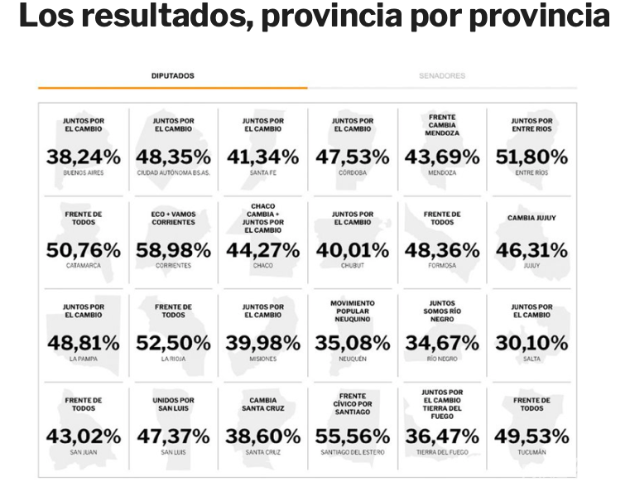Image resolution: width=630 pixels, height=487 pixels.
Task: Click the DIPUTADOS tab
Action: click(x=172, y=75)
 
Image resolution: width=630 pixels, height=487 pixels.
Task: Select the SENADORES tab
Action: click(x=442, y=75)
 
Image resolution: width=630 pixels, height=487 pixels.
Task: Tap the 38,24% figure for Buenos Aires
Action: click(x=83, y=157)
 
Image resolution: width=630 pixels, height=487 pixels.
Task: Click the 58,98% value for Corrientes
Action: click(x=173, y=249)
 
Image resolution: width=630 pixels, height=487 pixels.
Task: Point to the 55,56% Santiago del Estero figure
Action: click(x=352, y=436)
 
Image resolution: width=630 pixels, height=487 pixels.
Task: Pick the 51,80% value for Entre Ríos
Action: click(x=531, y=157)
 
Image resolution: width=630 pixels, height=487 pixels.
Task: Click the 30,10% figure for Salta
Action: click(x=531, y=342)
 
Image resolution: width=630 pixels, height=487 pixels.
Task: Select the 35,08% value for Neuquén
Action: click(x=352, y=342)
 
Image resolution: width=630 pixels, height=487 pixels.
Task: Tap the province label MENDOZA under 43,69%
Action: click(x=442, y=173)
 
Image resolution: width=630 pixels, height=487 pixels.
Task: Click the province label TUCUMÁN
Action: click(x=531, y=452)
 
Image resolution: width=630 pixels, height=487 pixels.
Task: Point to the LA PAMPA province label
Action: click(x=83, y=359)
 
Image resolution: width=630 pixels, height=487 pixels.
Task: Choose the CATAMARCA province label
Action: click(x=83, y=266)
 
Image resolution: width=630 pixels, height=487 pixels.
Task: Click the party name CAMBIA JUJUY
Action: click(x=531, y=218)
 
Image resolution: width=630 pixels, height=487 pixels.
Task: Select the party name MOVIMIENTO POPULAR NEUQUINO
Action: click(x=352, y=311)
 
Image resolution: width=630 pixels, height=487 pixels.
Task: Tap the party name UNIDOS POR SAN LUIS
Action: click(x=173, y=404)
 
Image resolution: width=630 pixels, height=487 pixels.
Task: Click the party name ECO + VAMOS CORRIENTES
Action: click(x=173, y=218)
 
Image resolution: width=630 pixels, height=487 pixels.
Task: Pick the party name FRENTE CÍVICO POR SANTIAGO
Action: click(x=352, y=403)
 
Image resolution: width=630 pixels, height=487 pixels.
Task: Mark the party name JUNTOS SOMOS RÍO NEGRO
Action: click(x=442, y=311)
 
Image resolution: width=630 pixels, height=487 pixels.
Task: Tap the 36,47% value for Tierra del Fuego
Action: click(x=442, y=436)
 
